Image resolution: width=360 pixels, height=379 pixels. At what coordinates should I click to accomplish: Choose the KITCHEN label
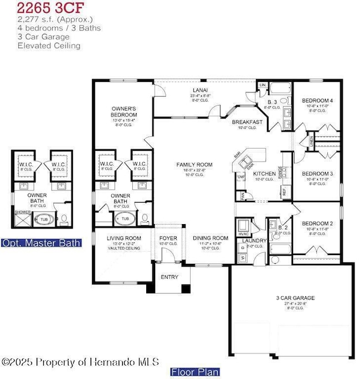click(264, 174)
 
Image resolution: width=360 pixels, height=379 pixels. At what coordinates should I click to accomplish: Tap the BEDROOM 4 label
click(316, 101)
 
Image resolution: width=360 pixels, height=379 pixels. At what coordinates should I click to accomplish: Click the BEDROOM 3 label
click(317, 174)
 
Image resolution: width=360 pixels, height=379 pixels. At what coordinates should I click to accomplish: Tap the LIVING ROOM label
click(124, 238)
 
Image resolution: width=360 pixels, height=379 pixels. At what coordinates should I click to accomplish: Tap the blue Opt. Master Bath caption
click(42, 242)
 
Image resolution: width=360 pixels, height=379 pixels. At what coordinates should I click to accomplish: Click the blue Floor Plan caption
click(194, 372)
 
